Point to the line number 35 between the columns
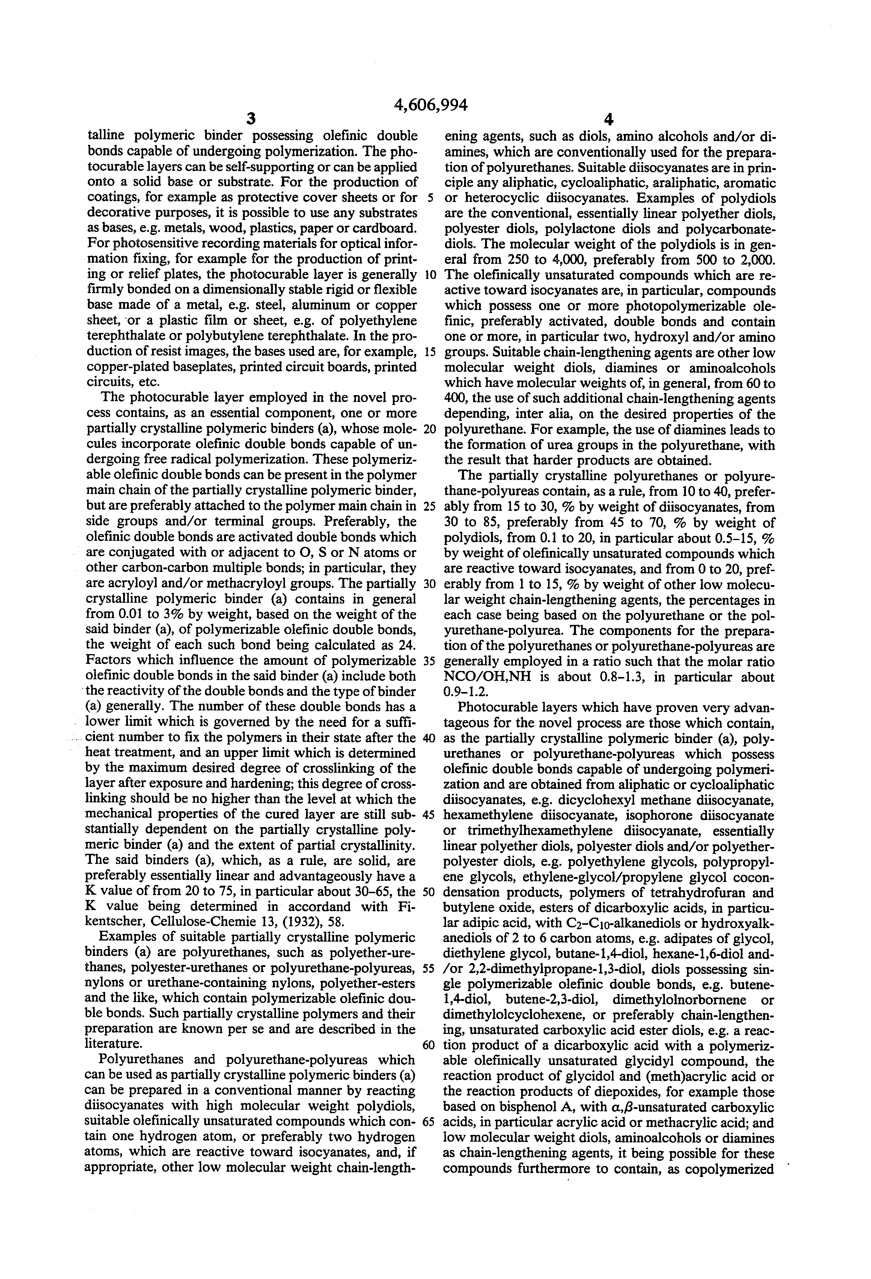(x=429, y=661)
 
